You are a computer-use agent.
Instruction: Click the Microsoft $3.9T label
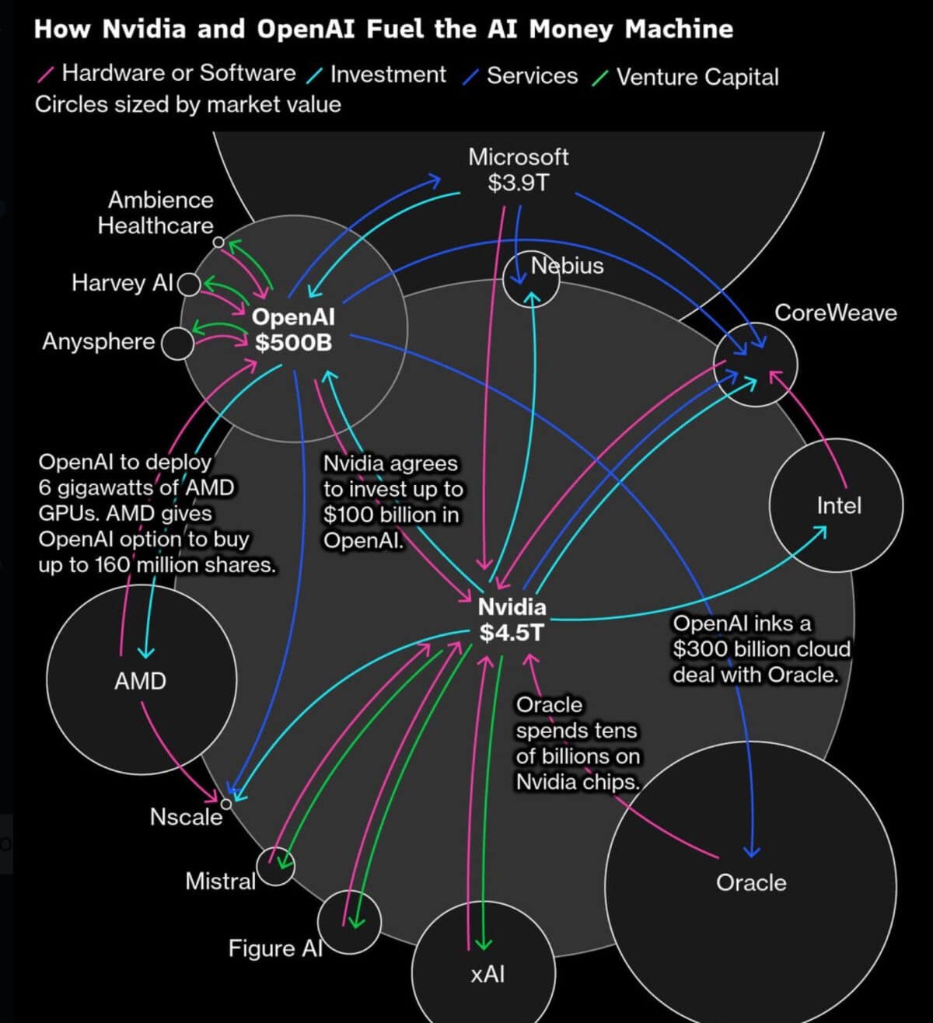[x=518, y=169]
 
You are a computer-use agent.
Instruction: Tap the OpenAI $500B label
[x=293, y=330]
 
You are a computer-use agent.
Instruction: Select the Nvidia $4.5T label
[x=512, y=620]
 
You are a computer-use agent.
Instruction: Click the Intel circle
[x=837, y=505]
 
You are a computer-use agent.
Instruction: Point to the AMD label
[x=140, y=681]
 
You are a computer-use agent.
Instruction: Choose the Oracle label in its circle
[x=750, y=882]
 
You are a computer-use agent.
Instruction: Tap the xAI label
[x=487, y=973]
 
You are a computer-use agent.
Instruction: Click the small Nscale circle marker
[x=225, y=803]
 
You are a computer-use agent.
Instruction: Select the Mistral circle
[x=275, y=867]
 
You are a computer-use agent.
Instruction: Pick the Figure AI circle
[x=350, y=922]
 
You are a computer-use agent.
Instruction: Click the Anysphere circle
[x=177, y=344]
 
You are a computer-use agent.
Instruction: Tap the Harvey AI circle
[x=189, y=285]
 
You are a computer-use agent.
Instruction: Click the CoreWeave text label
[x=835, y=312]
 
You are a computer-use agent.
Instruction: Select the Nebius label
[x=567, y=266]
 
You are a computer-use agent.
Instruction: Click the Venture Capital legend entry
[x=697, y=77]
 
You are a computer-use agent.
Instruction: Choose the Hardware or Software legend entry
[x=178, y=73]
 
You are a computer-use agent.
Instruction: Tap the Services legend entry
[x=532, y=75]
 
